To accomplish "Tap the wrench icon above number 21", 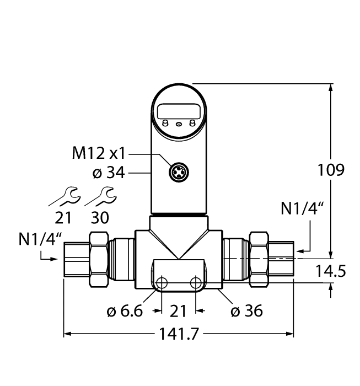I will pyautogui.click(x=68, y=195).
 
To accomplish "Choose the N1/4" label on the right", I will pyautogui.click(x=302, y=209).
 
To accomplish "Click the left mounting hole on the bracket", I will pyautogui.click(x=162, y=283).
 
